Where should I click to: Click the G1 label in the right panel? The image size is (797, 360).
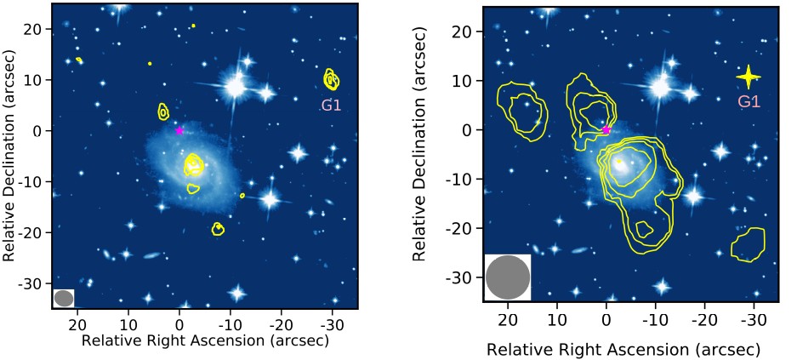(x=749, y=101)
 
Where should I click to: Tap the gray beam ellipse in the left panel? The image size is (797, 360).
(x=64, y=298)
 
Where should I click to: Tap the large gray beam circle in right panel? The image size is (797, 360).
(x=508, y=277)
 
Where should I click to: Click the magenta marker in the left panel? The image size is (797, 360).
(x=179, y=130)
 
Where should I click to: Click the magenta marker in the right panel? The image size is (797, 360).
(x=606, y=130)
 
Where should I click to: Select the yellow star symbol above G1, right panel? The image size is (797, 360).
(x=748, y=77)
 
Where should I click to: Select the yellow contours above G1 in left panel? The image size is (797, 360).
(x=331, y=80)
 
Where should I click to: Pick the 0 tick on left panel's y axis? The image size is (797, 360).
(x=39, y=130)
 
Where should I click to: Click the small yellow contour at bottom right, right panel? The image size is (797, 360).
(x=748, y=244)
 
